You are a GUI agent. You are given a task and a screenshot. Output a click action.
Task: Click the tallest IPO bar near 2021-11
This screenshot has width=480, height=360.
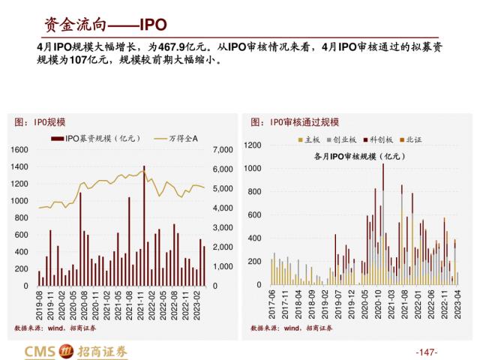point(144,225)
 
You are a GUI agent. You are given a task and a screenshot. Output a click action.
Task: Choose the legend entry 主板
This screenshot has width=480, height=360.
point(309,140)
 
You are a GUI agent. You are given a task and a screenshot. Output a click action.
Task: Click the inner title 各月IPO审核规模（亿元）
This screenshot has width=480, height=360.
point(358,156)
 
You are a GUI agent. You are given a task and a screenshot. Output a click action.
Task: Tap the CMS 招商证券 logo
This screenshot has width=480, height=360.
point(76,350)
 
